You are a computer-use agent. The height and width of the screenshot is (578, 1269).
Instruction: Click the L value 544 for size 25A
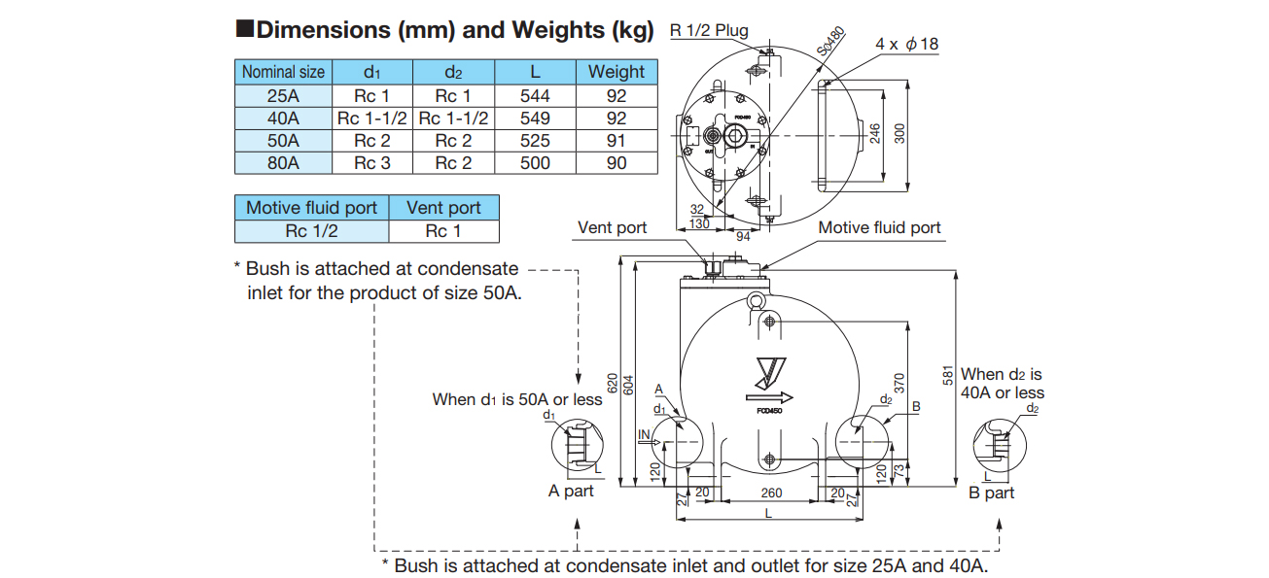tap(535, 96)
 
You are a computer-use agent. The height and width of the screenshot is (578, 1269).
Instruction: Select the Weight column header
tap(617, 72)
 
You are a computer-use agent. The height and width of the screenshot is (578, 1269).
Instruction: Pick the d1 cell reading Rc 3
tap(371, 163)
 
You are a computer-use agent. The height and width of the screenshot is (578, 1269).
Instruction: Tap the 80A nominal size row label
tap(283, 163)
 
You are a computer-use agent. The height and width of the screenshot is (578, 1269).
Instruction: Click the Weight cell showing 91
tap(617, 141)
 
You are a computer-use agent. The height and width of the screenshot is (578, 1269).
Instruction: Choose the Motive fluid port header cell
tap(311, 208)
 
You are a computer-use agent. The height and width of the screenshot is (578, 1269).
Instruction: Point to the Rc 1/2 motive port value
tap(311, 231)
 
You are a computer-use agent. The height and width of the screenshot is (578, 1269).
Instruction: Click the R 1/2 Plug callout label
tap(710, 30)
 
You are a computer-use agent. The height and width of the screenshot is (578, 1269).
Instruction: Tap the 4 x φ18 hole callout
tap(906, 44)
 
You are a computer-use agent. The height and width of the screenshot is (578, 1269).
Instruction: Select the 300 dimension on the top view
tap(899, 133)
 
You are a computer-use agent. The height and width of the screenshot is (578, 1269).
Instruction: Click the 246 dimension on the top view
tap(875, 133)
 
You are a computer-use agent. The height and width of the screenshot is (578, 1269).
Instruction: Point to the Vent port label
tap(613, 227)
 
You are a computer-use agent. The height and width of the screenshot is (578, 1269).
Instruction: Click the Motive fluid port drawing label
tap(879, 227)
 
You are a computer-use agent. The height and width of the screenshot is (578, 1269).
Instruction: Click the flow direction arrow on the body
tap(769, 397)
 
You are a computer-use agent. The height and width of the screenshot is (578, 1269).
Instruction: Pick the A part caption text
tap(571, 492)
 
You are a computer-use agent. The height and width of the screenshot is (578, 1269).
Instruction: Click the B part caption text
tap(992, 493)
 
